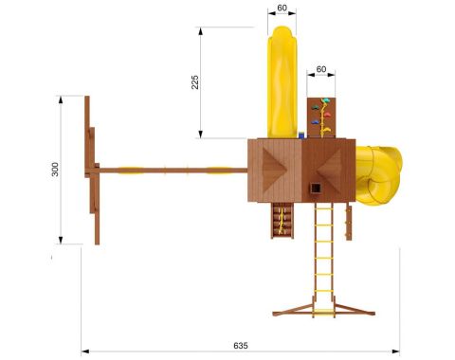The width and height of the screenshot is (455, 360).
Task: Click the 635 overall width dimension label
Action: tap(241, 346)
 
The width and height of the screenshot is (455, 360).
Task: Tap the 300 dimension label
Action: tap(55, 170)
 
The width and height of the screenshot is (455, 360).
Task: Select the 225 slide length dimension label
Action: tap(195, 82)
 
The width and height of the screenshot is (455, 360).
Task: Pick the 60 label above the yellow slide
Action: tap(282, 8)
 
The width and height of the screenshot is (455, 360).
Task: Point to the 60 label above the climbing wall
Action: tap(321, 69)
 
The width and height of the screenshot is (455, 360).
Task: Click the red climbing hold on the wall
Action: tap(327, 115)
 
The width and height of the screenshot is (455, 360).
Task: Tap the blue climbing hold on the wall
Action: tap(316, 122)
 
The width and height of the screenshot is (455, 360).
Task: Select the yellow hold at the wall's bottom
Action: tap(326, 129)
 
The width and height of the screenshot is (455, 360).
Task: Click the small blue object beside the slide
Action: tap(302, 135)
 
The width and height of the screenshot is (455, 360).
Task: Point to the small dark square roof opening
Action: tap(316, 189)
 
